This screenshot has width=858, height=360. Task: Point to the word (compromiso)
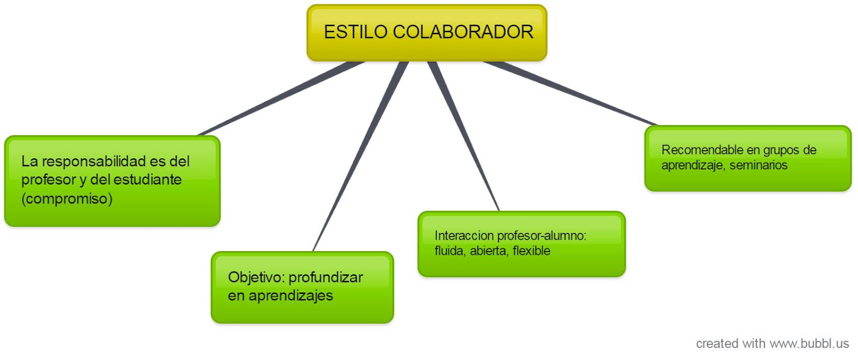tap(67, 199)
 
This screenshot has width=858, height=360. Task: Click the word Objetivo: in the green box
tap(256, 277)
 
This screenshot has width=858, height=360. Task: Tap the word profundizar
tap(326, 277)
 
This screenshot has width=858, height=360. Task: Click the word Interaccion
tap(464, 236)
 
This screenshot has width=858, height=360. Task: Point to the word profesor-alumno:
tap(542, 236)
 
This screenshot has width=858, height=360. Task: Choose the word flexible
tap(531, 251)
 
